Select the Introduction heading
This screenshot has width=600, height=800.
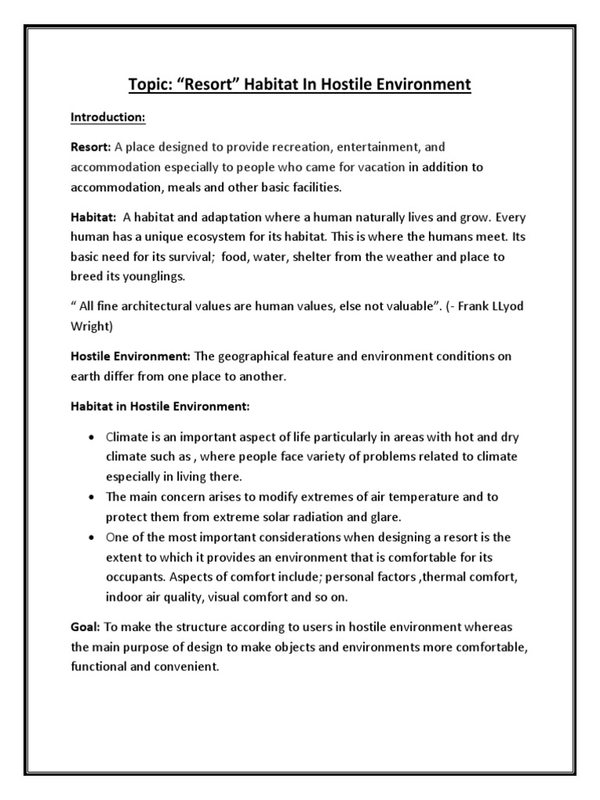[108, 117]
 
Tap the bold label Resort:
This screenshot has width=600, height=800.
[91, 147]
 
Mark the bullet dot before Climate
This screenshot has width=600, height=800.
[92, 436]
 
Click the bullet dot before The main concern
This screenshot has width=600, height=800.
[92, 497]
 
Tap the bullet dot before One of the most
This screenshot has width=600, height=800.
[92, 537]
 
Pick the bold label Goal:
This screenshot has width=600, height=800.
[85, 627]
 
